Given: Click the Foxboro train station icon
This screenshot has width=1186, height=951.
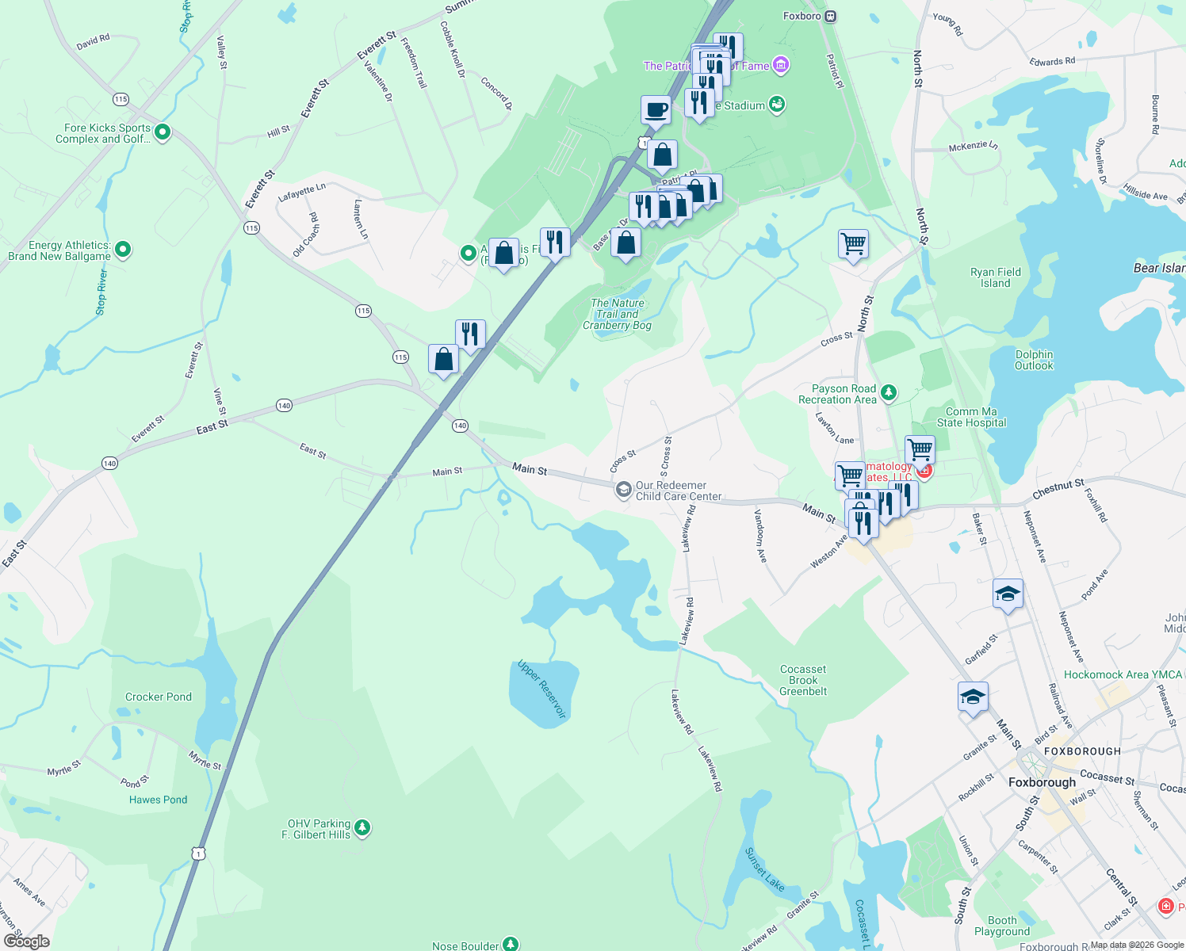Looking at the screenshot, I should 830,16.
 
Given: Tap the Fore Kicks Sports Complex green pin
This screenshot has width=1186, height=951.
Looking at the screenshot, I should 163,132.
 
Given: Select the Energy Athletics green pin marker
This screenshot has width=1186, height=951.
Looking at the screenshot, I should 123,250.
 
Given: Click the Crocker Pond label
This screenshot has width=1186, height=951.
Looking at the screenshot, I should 159,697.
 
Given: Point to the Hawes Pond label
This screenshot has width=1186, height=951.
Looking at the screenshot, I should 159,800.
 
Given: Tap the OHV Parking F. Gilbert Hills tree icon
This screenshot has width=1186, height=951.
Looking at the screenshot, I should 362,828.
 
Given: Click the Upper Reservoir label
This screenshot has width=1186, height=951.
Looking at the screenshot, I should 542,689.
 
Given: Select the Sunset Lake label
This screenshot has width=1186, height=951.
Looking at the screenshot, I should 764,869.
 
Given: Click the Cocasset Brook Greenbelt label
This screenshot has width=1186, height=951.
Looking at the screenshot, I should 803,680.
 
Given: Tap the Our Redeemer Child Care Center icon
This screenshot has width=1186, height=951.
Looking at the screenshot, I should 624,490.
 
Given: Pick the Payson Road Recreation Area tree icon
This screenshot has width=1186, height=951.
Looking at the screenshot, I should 889,392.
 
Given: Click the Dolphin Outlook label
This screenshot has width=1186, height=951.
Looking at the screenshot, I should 1034,360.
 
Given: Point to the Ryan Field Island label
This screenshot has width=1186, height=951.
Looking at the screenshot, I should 995,277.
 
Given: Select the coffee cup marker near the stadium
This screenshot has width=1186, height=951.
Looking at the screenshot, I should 656,110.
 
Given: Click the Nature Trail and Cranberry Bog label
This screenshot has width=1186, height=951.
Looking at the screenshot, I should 618,314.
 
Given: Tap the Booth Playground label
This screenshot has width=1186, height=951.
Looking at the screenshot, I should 1002,926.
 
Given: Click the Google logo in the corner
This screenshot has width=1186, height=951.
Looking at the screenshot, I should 27,941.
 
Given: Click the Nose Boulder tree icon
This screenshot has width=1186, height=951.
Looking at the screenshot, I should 511,944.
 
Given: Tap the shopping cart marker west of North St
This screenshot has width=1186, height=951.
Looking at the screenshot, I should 853,244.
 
